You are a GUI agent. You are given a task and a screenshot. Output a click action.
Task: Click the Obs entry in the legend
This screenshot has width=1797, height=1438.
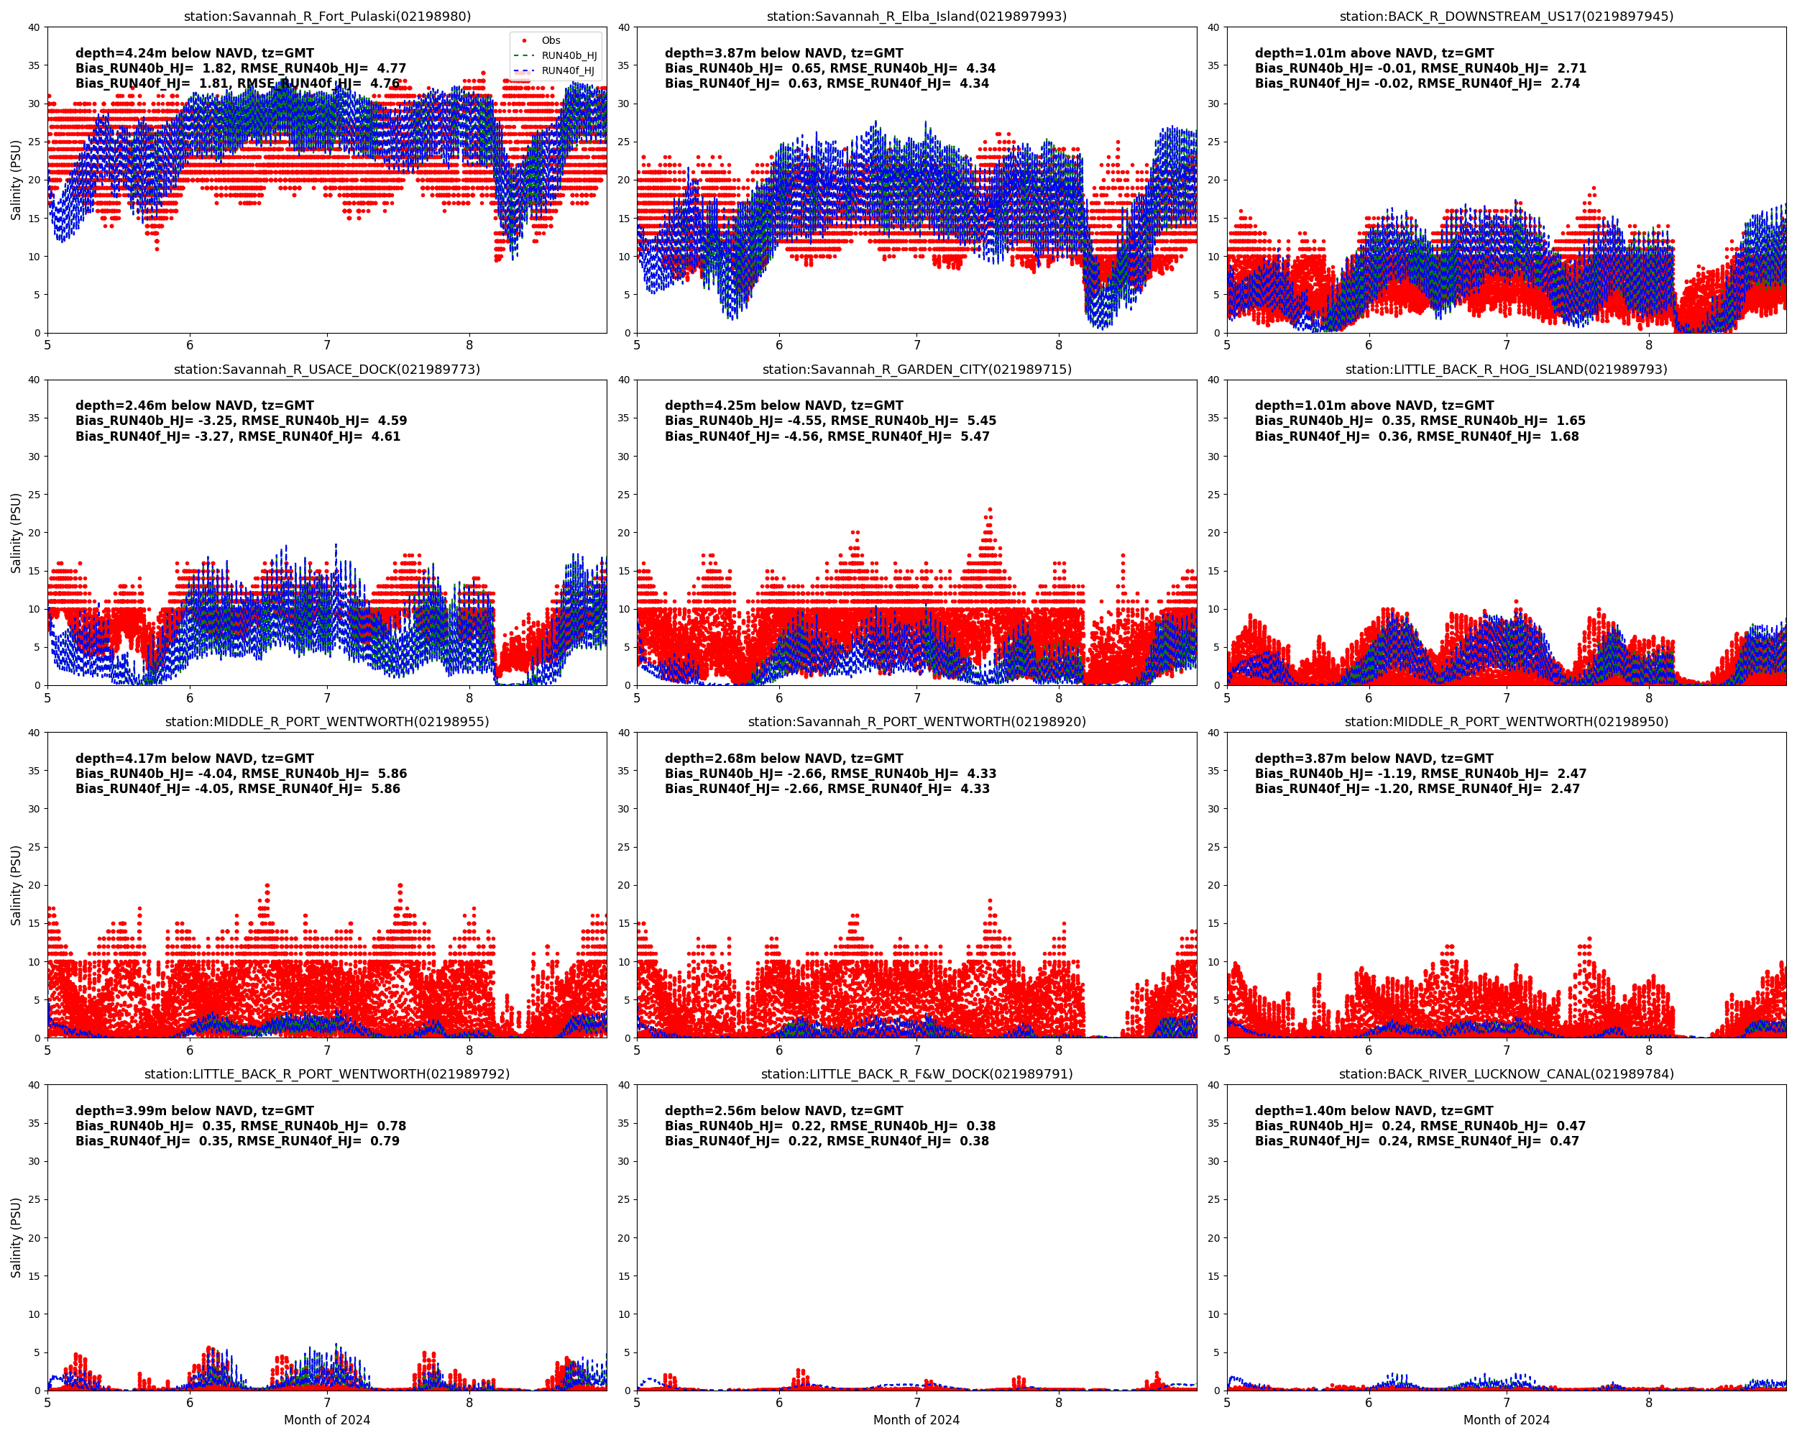[550, 40]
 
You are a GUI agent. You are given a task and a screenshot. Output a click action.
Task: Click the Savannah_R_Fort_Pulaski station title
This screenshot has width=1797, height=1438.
[327, 17]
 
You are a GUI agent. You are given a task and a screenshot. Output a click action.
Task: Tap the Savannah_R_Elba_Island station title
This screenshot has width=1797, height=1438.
[916, 17]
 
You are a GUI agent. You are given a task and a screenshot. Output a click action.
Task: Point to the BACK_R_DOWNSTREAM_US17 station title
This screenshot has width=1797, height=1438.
[1506, 17]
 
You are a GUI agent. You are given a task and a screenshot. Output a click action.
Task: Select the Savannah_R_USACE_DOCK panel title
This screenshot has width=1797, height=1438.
[327, 370]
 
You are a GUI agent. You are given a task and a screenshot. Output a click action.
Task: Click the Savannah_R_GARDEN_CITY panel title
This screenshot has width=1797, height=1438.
[916, 370]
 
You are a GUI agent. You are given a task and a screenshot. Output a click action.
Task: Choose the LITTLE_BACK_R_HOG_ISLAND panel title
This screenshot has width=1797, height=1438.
[1506, 370]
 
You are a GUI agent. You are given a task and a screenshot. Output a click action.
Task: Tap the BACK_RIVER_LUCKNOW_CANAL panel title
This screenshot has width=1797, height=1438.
[1506, 1073]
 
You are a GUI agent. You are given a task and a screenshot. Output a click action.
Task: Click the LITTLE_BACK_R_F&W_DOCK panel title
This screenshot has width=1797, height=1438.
[916, 1073]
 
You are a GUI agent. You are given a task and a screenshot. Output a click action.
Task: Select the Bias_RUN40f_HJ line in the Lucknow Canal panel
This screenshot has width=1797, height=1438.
[1417, 1141]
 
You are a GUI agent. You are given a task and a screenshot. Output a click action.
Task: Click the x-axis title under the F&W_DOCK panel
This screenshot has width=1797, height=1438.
[916, 1419]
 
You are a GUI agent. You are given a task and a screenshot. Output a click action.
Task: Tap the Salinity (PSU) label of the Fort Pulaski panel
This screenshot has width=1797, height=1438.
[16, 180]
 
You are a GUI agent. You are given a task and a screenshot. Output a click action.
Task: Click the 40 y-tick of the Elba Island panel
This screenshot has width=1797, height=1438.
[623, 27]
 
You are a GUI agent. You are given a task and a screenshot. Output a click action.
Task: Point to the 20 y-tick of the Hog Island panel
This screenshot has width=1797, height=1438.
[1213, 533]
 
